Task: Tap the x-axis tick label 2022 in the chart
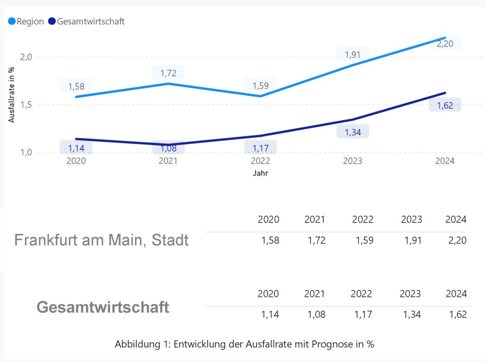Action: point(260,161)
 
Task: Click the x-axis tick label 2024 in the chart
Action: point(445,161)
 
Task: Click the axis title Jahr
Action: point(260,173)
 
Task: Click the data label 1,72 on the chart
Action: point(168,73)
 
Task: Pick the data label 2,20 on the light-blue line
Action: point(445,44)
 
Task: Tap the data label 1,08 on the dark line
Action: point(168,148)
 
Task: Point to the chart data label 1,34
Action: point(353,132)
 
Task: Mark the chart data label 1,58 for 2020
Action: point(76,86)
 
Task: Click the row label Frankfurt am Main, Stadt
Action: point(101,240)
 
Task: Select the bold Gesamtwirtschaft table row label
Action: point(103,307)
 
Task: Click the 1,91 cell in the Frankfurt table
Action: point(411,241)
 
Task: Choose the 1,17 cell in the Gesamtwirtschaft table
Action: point(362,314)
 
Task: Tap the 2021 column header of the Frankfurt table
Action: point(315,219)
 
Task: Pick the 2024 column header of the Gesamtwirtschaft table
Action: point(456,294)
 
